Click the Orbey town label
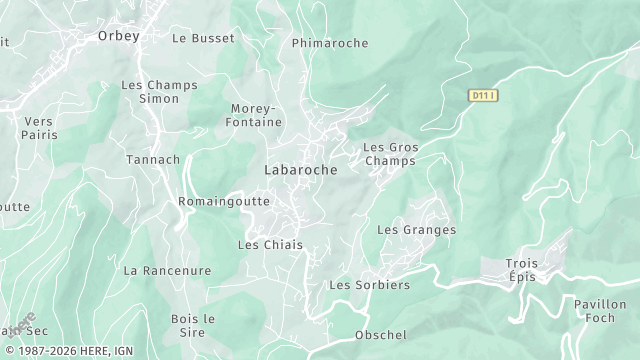pyautogui.click(x=118, y=36)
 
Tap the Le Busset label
pyautogui.click(x=203, y=38)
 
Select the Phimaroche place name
pyautogui.click(x=330, y=43)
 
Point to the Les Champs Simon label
pyautogui.click(x=151, y=93)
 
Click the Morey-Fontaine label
pyautogui.click(x=258, y=115)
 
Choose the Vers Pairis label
pyautogui.click(x=39, y=127)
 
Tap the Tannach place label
pyautogui.click(x=153, y=159)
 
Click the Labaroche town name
pyautogui.click(x=301, y=170)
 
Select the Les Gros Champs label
pyautogui.click(x=390, y=154)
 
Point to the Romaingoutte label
pyautogui.click(x=224, y=201)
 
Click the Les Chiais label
pyautogui.click(x=270, y=245)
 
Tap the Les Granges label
pyautogui.click(x=416, y=230)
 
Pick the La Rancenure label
pyautogui.click(x=167, y=270)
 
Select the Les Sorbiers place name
pyautogui.click(x=370, y=285)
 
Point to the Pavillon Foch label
pyautogui.click(x=600, y=311)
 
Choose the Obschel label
pyautogui.click(x=381, y=335)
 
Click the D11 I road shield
pyautogui.click(x=483, y=95)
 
